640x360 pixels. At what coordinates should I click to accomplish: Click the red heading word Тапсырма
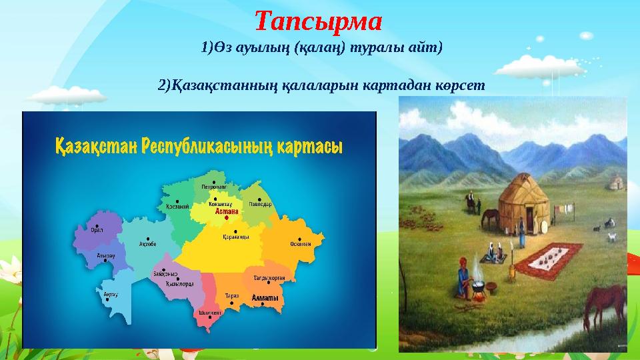(x=319, y=21)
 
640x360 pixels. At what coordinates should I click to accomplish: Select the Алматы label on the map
(x=264, y=300)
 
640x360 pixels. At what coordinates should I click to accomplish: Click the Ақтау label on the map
(x=111, y=293)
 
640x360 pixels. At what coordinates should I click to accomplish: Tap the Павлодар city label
(x=261, y=204)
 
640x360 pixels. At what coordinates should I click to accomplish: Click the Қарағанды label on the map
(x=236, y=237)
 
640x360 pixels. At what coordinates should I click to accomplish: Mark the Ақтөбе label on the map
(x=147, y=244)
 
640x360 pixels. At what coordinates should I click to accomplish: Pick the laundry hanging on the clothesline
(x=567, y=211)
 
